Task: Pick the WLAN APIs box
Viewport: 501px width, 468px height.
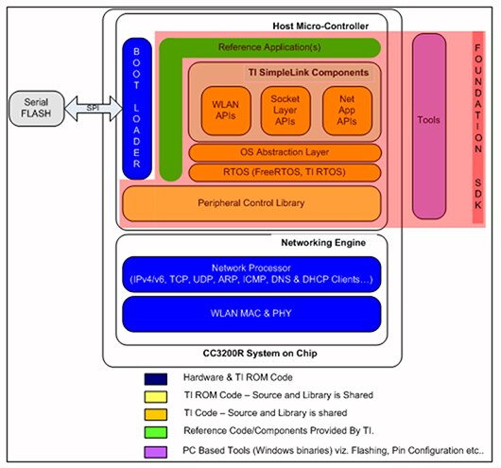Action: pyautogui.click(x=223, y=109)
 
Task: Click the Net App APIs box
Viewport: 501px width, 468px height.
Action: pyautogui.click(x=345, y=109)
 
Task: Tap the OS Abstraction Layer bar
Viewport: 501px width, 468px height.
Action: pyautogui.click(x=285, y=152)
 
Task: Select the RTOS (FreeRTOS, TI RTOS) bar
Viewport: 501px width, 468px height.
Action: pyautogui.click(x=285, y=172)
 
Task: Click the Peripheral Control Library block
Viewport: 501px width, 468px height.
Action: pyautogui.click(x=252, y=203)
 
